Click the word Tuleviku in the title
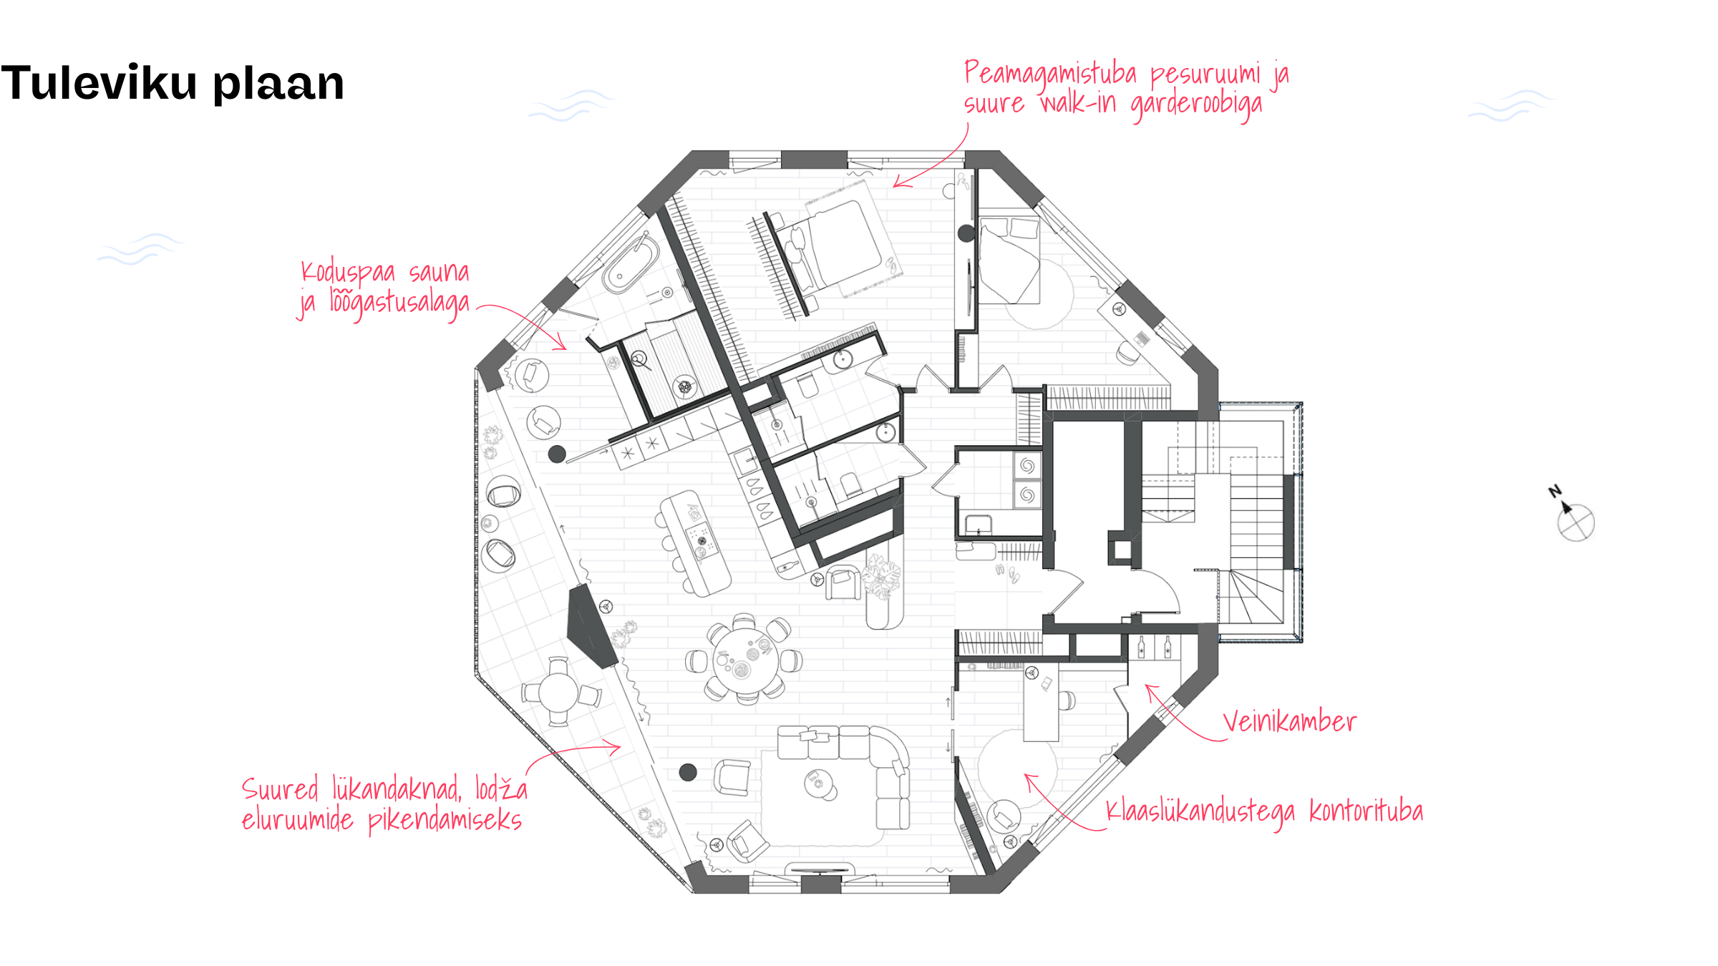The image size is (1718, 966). tap(100, 82)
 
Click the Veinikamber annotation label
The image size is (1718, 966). tap(1289, 721)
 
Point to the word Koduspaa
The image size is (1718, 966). tap(348, 273)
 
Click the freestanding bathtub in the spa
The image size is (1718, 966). tap(631, 265)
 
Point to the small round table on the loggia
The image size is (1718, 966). tap(559, 692)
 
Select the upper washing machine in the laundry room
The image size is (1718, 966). tap(1027, 466)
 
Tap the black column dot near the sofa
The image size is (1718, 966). tap(688, 772)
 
